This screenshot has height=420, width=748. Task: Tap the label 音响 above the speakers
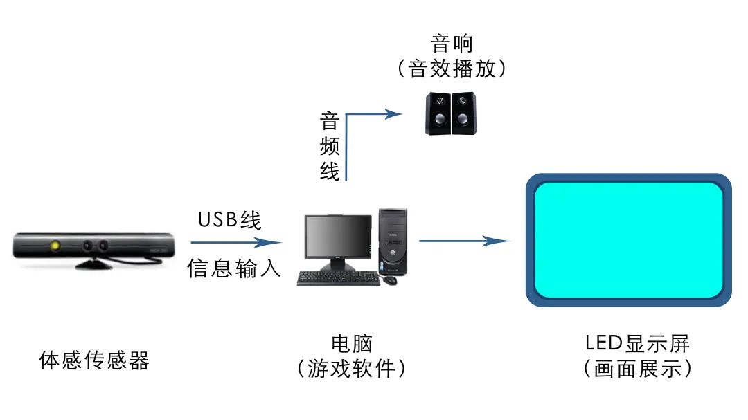pos(451,44)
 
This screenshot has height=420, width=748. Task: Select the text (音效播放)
pos(451,69)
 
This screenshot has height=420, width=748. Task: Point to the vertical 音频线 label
pos(329,146)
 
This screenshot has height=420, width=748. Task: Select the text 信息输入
pos(234,268)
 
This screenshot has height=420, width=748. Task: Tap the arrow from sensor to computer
pos(235,242)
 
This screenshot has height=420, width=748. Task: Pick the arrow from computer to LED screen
pos(464,241)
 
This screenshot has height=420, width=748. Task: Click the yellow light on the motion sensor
pos(55,245)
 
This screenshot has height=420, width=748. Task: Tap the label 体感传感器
pos(95,360)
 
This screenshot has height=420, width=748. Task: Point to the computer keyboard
pos(339,278)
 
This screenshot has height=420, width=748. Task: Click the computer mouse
pos(391,280)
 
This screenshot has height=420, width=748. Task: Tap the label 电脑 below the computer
pos(352,343)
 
